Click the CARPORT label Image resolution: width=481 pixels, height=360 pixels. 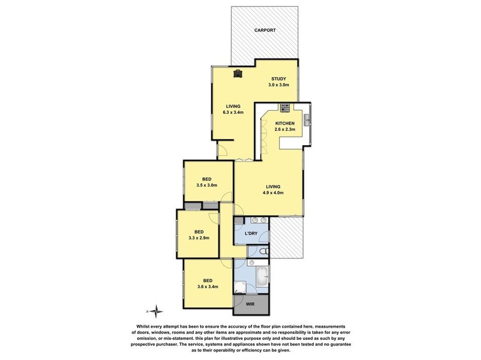(x=265, y=30)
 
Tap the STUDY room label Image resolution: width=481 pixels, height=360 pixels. (x=278, y=79)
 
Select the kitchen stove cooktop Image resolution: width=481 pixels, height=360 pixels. (x=285, y=107)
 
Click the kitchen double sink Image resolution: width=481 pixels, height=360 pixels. (x=307, y=120)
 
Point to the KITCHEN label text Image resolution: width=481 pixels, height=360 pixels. (x=284, y=123)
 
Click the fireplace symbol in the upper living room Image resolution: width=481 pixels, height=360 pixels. (x=238, y=73)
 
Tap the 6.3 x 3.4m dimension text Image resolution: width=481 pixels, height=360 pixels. (x=233, y=112)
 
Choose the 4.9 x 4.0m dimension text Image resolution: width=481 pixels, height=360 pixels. (x=273, y=193)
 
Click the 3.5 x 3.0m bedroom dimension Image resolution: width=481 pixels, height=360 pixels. (x=207, y=185)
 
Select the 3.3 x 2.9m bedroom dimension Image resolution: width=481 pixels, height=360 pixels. (x=199, y=237)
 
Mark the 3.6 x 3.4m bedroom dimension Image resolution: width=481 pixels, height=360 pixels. (x=208, y=287)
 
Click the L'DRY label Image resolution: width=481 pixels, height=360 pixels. (x=251, y=233)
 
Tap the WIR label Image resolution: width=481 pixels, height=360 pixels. (x=250, y=304)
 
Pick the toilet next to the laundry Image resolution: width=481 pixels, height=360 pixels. (x=263, y=252)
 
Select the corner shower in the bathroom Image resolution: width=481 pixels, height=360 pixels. (x=240, y=287)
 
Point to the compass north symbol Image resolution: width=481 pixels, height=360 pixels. (x=157, y=311)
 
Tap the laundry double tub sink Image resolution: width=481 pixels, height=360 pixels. (x=259, y=220)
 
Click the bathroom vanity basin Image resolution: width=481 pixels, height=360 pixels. (x=251, y=263)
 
